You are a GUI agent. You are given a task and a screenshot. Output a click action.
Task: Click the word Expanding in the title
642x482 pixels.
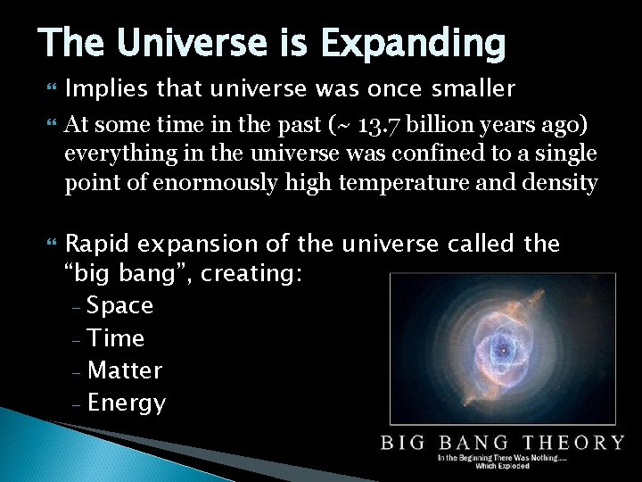coord(410,42)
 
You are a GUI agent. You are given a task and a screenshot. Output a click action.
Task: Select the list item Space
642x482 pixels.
coord(120,306)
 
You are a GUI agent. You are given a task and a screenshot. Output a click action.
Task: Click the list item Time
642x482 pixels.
coord(116,338)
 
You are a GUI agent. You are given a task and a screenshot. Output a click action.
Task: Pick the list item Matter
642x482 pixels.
coord(125,370)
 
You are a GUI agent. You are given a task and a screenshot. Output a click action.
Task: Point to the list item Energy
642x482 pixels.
coord(127,403)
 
